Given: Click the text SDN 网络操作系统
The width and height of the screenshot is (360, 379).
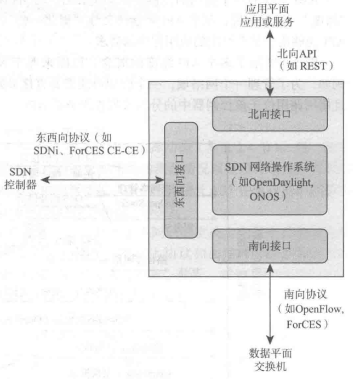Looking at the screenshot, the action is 269,167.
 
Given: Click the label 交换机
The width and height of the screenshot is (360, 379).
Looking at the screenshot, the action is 268,366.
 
